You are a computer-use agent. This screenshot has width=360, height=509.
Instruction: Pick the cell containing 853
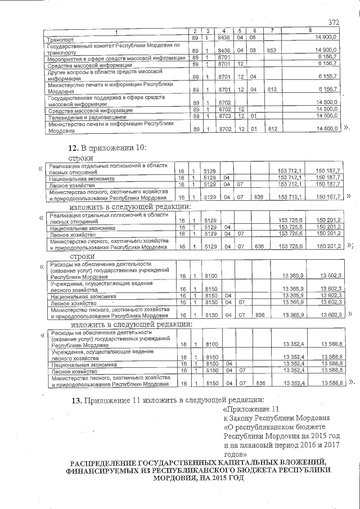click(x=272, y=50)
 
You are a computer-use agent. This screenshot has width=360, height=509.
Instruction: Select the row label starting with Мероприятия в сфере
click(x=116, y=57)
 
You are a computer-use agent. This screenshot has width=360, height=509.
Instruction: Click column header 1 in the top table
click(x=116, y=30)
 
